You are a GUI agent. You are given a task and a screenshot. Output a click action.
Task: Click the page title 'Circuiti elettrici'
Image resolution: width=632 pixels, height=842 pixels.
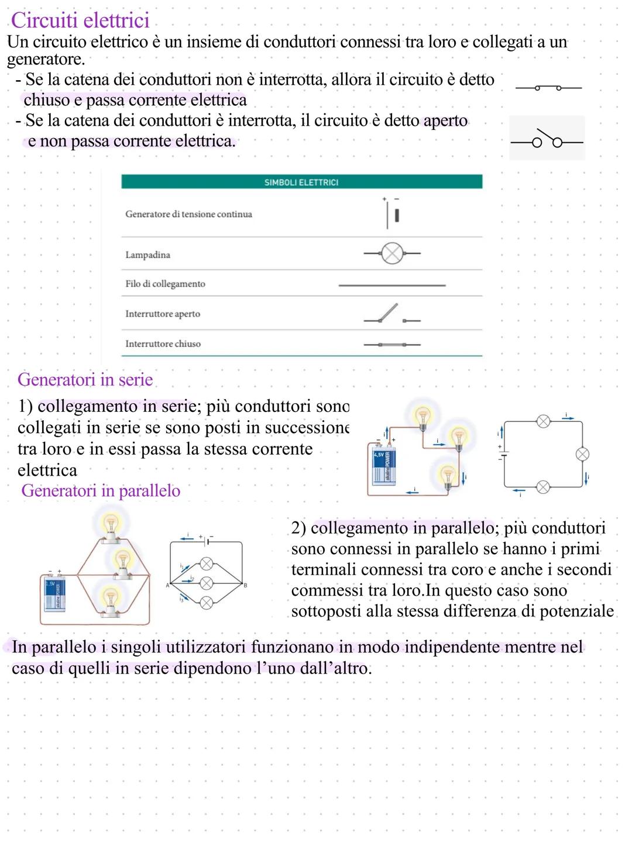[80, 20]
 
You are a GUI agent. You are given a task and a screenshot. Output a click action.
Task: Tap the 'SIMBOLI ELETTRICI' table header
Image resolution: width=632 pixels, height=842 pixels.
[301, 183]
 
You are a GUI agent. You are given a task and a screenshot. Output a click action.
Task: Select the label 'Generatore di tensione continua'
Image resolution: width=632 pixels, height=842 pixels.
[188, 214]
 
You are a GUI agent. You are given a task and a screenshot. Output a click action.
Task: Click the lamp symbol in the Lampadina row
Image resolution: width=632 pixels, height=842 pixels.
[392, 254]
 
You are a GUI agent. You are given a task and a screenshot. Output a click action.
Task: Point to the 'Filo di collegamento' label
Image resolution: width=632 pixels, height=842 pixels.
[165, 284]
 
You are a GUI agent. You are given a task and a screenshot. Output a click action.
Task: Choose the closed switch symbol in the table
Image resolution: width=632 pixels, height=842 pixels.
[391, 345]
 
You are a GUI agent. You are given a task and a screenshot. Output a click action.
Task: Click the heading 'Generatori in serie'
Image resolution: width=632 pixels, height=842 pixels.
[85, 380]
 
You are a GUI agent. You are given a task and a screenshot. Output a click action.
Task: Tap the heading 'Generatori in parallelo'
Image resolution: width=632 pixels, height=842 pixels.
[101, 490]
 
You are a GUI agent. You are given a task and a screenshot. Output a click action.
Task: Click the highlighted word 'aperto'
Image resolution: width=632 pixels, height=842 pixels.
[445, 121]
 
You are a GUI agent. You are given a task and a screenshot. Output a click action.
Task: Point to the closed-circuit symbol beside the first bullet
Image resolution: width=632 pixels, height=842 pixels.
[548, 88]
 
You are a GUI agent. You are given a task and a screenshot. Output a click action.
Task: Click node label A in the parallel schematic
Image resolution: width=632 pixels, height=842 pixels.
[167, 585]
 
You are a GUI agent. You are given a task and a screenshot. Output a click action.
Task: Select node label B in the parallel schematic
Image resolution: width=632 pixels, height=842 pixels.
[246, 585]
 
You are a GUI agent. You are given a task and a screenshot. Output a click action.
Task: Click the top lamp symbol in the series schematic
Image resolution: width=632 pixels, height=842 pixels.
[544, 421]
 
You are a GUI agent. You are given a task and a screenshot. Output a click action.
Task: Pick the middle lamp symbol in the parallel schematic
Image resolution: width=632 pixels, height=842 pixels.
[206, 583]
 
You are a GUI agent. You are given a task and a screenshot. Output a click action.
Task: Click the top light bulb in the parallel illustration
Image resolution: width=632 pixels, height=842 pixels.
[110, 524]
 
